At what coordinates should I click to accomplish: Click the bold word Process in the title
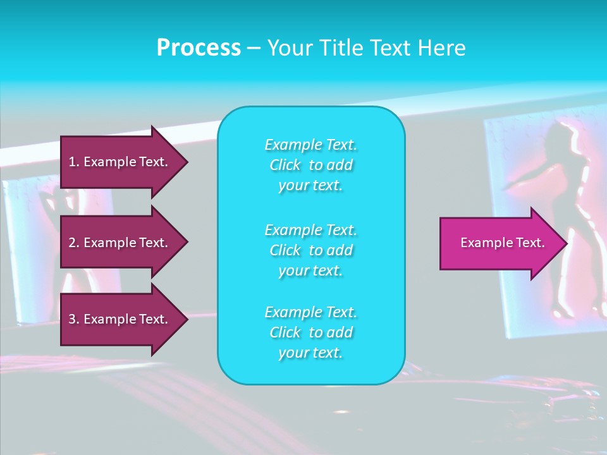click(199, 48)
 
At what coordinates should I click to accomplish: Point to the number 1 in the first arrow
click(72, 162)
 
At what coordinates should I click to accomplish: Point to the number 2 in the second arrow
click(72, 243)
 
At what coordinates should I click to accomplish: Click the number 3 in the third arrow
click(72, 319)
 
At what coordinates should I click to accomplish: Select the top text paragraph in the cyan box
click(310, 165)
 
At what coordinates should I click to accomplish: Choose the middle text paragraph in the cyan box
click(310, 250)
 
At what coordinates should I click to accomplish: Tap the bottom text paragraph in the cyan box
click(310, 332)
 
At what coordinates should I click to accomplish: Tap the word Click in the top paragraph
click(285, 165)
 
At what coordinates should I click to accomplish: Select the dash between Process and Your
click(254, 48)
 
